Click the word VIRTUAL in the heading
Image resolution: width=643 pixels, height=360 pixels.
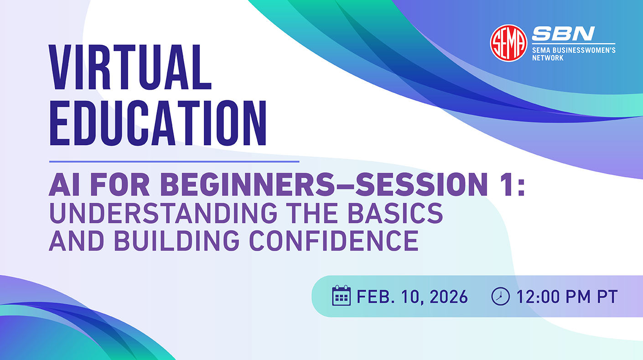click(130, 68)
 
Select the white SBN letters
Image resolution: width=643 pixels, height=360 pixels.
click(563, 33)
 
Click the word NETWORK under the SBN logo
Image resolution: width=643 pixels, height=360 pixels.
click(548, 58)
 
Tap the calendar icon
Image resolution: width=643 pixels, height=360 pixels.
click(341, 296)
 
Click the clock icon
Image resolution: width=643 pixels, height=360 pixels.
click(500, 296)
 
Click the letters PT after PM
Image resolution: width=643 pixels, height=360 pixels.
click(608, 297)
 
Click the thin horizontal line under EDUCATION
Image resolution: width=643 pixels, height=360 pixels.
click(174, 161)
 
